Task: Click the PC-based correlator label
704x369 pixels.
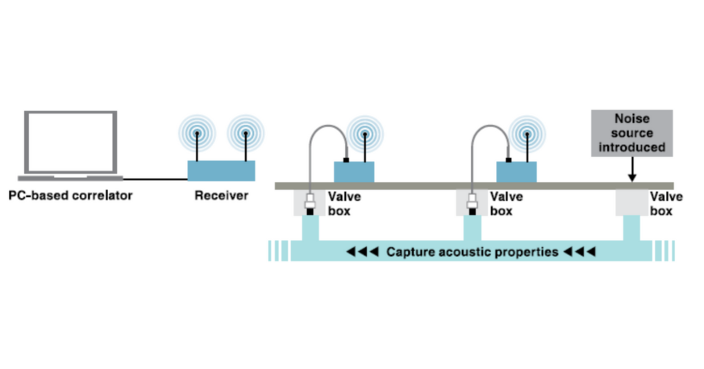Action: [x=70, y=197]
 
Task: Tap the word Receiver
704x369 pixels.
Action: [x=221, y=197]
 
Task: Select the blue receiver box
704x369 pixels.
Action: [x=221, y=171]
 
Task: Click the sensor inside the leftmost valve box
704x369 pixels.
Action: [x=310, y=203]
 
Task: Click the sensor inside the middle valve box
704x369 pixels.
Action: [x=473, y=203]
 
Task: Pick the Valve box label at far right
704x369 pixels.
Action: [x=665, y=203]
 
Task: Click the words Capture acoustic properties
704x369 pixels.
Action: [x=473, y=252]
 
